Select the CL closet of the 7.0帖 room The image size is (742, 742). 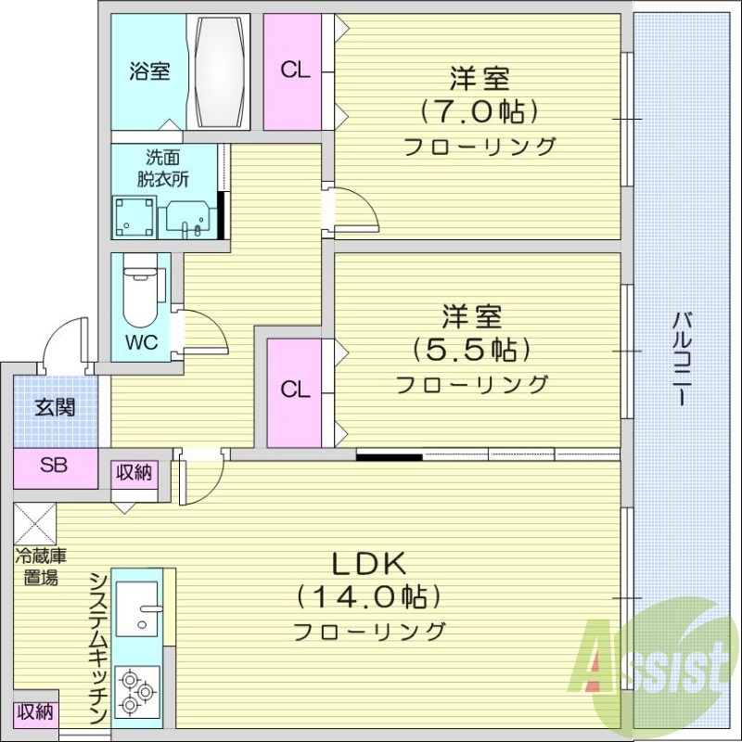[296, 71]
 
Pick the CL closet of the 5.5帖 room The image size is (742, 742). [296, 390]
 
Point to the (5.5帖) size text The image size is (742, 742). [471, 351]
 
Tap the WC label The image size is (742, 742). [141, 341]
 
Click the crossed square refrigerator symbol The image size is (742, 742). [36, 524]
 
